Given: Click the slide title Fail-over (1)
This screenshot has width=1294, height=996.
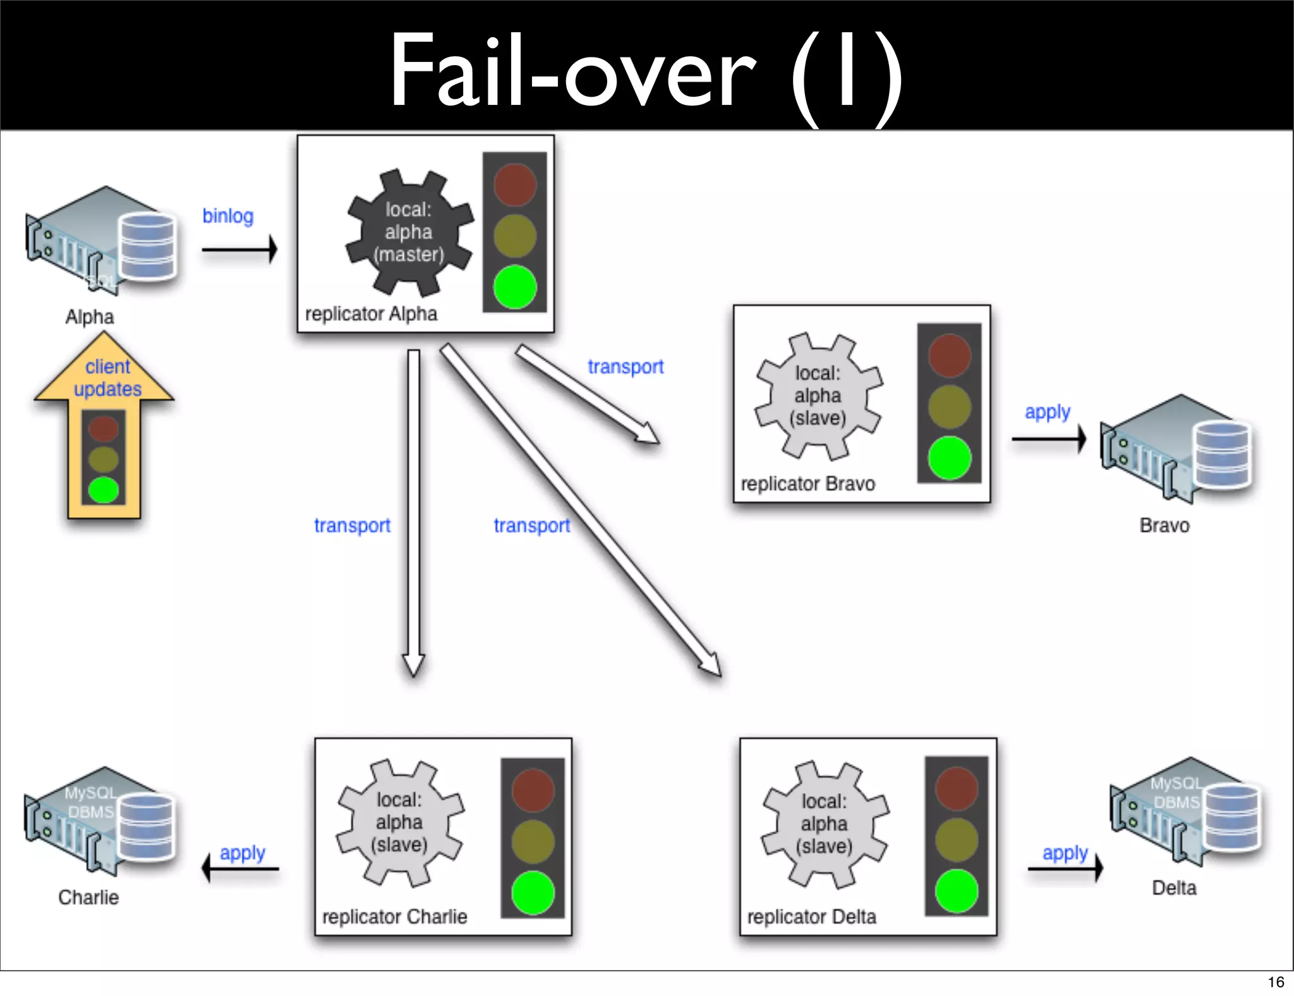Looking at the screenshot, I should click(646, 71).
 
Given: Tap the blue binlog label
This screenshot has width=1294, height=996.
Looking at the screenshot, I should click(227, 216).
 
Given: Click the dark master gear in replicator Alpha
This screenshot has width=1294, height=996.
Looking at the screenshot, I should click(409, 232).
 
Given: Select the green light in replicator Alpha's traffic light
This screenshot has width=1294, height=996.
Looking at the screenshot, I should click(514, 287).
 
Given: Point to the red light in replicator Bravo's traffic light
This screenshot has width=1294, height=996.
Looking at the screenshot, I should click(949, 356).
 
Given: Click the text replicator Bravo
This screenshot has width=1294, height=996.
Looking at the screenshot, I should click(807, 484).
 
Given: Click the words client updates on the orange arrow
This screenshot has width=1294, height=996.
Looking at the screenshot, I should click(107, 378).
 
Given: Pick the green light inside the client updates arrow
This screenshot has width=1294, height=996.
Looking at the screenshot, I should click(104, 490).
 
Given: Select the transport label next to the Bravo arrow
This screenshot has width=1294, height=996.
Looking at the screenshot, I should click(626, 367).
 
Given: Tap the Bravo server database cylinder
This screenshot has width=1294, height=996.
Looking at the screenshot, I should click(1222, 455).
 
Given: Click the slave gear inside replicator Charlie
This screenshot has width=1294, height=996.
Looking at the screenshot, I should click(399, 822).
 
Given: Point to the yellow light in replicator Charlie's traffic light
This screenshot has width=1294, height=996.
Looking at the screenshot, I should click(533, 841).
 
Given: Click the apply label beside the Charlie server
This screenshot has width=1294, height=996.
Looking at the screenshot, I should click(242, 853).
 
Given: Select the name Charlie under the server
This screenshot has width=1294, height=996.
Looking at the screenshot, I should click(88, 897).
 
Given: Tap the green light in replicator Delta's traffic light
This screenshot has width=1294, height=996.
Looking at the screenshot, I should click(956, 891).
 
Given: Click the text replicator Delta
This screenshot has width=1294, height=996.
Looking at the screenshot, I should click(811, 917).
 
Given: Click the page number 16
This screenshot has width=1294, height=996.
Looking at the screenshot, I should click(1276, 982).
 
